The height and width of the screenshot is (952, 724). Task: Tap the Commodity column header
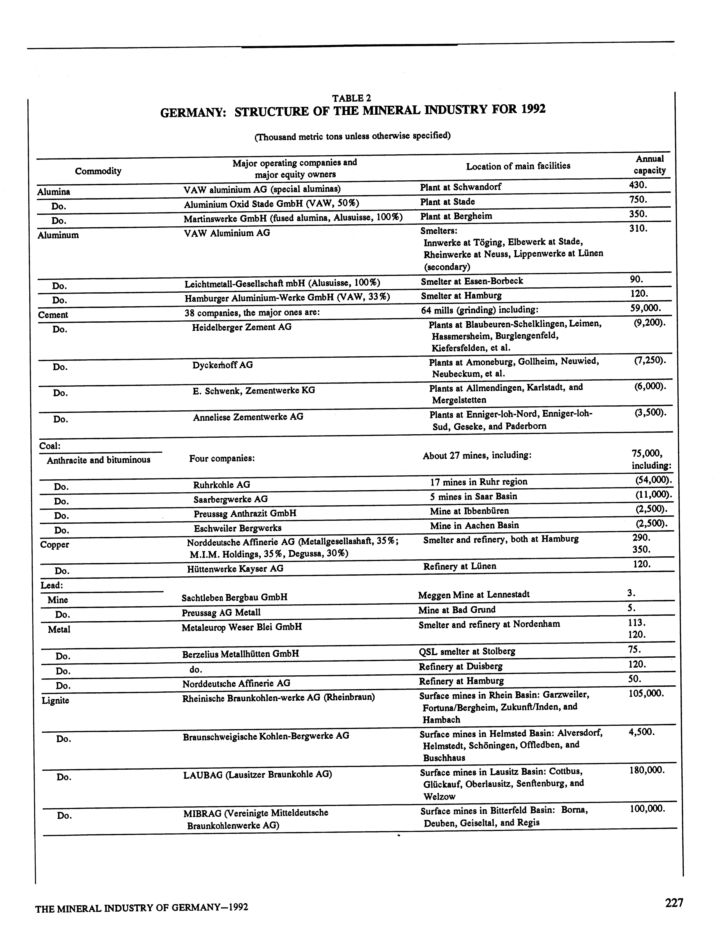tap(98, 171)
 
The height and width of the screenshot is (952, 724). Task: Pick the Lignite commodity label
tap(56, 700)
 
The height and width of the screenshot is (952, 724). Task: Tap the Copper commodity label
tap(55, 545)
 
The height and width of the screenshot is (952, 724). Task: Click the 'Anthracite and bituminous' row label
tap(99, 460)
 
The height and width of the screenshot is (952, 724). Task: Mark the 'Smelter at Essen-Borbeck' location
tap(472, 281)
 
